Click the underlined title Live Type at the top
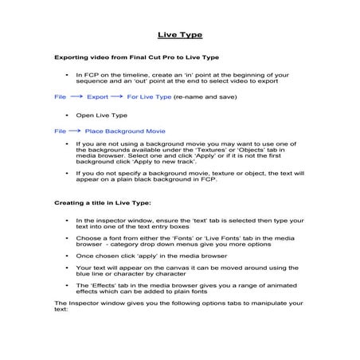[179, 35]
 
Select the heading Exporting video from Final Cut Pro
[135, 59]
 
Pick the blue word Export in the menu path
[97, 96]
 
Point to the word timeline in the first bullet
[123, 75]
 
